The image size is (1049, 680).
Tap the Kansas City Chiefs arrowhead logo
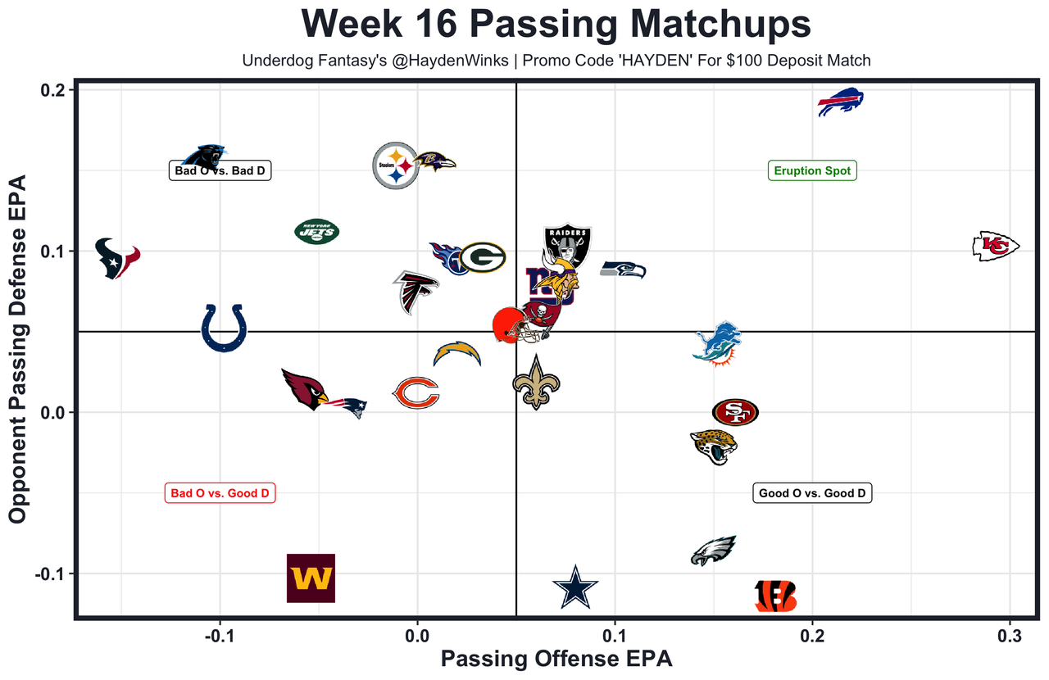995,246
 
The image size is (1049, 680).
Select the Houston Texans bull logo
116,257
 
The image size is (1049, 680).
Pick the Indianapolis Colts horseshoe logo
224,328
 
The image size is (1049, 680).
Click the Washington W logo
311,578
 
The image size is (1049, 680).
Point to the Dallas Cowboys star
575,587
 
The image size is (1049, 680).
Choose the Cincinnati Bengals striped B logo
775,596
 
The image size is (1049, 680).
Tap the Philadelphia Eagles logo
714,551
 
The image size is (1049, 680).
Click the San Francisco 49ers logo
735,412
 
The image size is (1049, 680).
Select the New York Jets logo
316,232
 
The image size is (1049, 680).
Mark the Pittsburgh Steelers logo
396,165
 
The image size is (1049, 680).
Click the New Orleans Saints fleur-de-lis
536,383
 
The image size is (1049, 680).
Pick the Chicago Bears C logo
416,393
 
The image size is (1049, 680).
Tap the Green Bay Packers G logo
482,257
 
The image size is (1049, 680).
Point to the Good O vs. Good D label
812,493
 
